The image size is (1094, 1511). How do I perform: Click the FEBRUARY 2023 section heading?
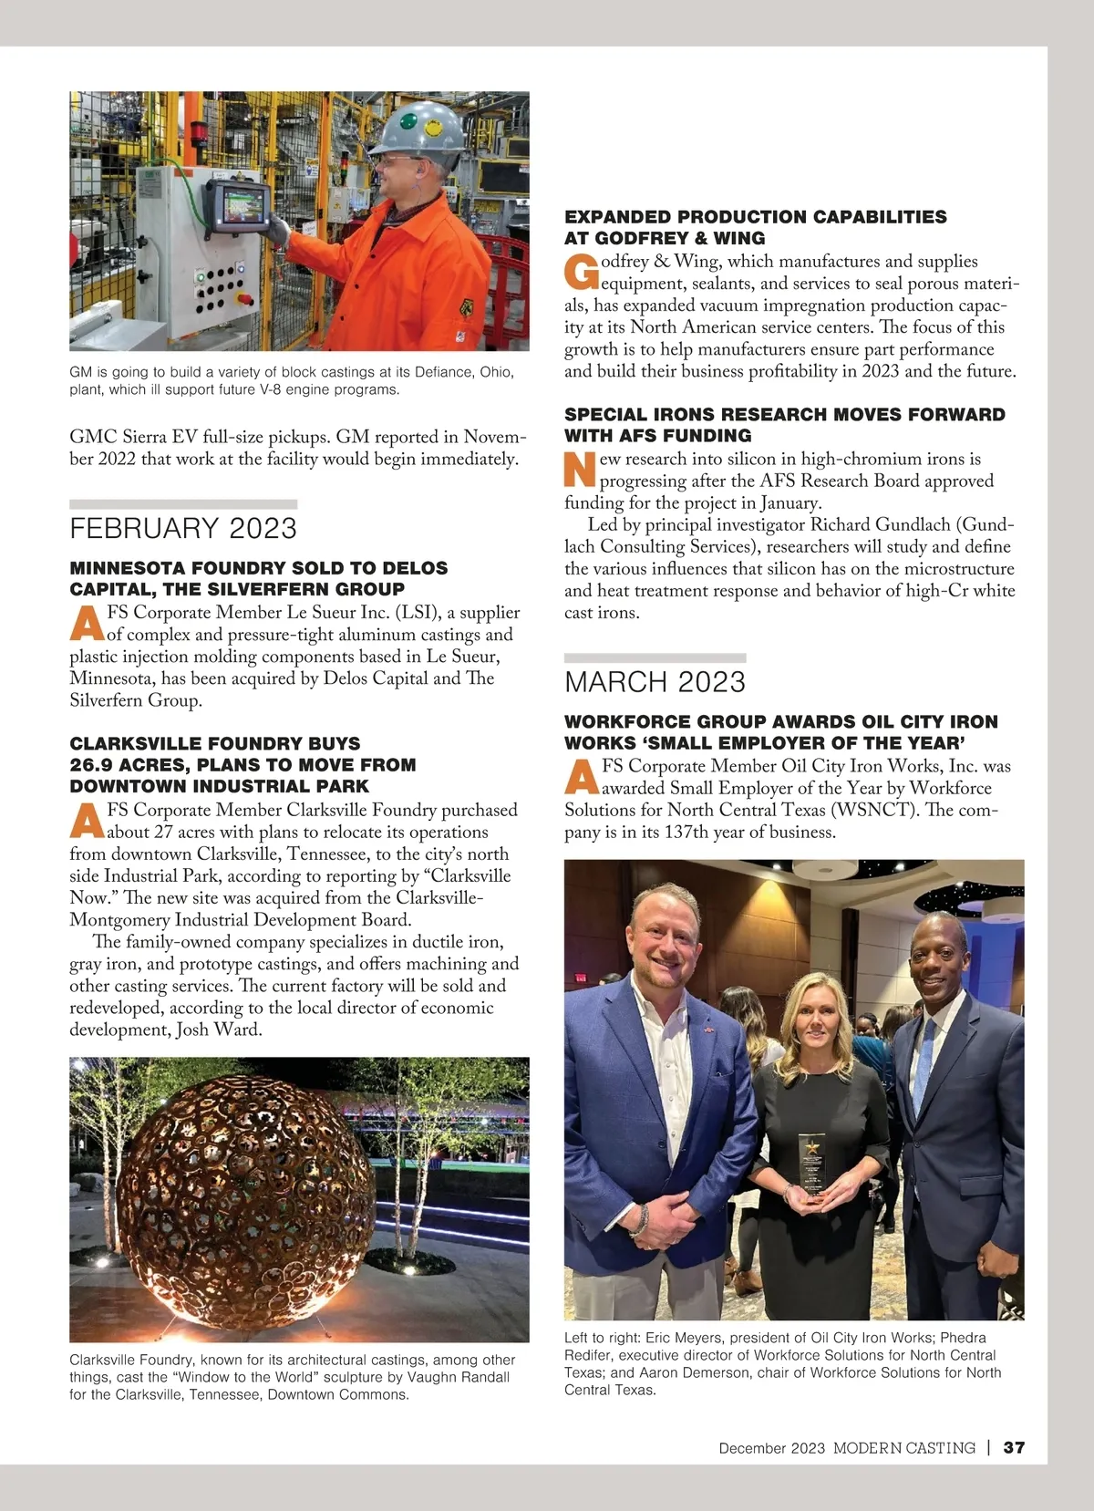coord(183,529)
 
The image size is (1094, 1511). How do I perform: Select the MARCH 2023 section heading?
coord(655,682)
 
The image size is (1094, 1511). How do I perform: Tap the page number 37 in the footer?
coord(1014,1448)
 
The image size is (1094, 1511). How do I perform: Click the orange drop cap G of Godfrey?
coord(581,271)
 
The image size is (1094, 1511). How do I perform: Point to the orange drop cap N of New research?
coord(580,469)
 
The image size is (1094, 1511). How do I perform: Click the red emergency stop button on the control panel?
coord(243,297)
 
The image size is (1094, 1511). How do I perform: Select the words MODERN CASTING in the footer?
coord(903,1448)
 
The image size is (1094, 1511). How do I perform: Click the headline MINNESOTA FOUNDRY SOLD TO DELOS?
coord(259,568)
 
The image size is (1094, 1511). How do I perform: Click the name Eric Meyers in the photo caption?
coord(681,1338)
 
